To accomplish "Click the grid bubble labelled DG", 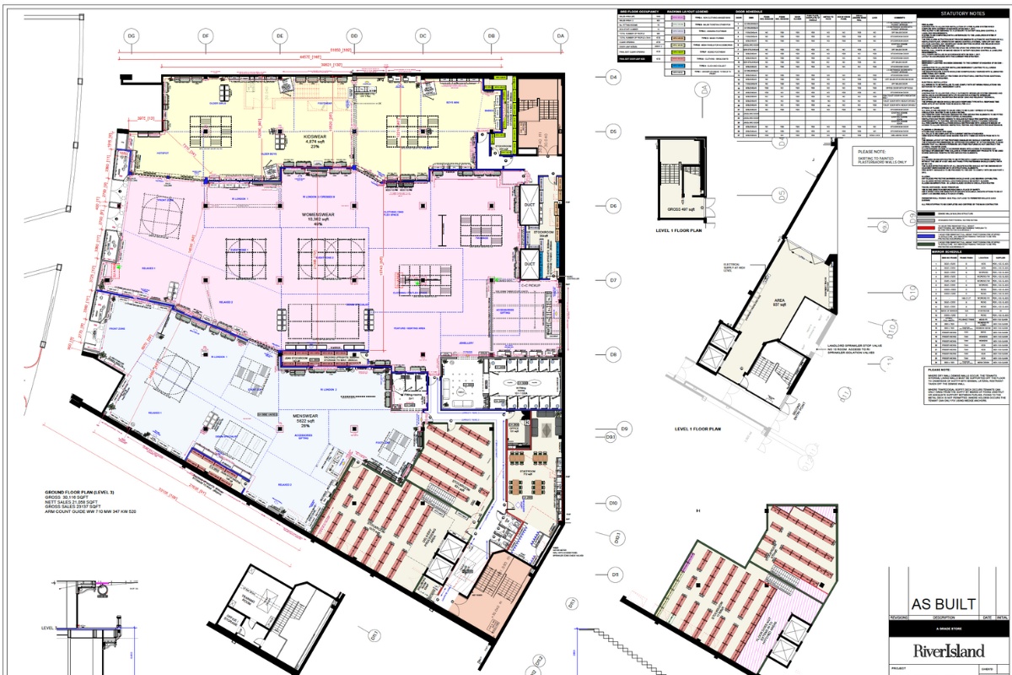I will point(131,36).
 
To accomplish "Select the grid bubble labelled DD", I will point(354,36).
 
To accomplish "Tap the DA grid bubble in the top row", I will point(559,36).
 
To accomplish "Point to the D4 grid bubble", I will point(614,78).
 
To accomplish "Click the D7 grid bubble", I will point(614,280).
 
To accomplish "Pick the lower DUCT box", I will point(530,265).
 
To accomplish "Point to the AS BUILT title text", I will point(943,604).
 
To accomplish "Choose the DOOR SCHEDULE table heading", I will point(751,12).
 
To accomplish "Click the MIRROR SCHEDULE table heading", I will point(946,251).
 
